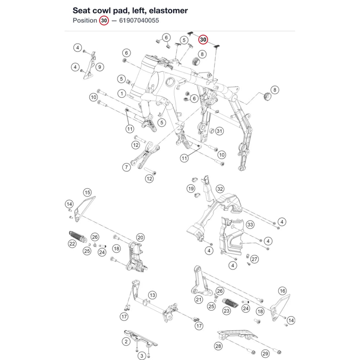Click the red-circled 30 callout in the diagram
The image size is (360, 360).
[x=203, y=40]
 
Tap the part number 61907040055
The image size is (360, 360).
[x=139, y=21]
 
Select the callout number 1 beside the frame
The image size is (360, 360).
[x=122, y=94]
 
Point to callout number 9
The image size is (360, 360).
[x=100, y=67]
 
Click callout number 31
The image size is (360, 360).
[x=220, y=131]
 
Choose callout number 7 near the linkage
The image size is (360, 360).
[x=126, y=167]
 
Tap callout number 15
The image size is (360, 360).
[x=87, y=192]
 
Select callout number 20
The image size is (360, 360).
[x=140, y=238]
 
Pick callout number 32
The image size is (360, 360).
[x=220, y=189]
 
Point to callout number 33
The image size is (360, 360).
[x=250, y=224]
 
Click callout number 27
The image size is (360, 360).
[x=255, y=259]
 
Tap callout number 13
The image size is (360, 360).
[x=152, y=295]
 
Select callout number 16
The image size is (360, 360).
[x=282, y=291]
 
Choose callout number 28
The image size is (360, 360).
[x=218, y=346]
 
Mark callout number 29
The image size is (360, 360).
[x=265, y=354]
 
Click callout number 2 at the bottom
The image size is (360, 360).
[x=126, y=341]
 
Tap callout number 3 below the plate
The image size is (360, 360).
[x=141, y=356]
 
